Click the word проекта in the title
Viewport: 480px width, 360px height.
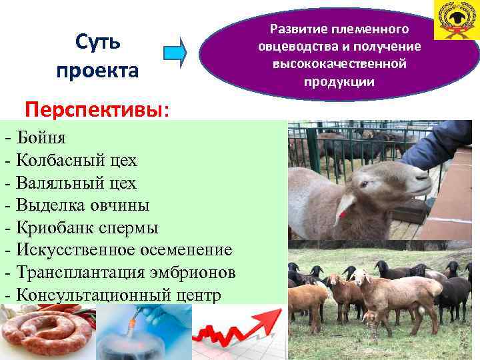point(98,71)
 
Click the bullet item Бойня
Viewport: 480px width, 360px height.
point(43,138)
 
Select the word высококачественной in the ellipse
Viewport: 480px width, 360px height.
point(339,64)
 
